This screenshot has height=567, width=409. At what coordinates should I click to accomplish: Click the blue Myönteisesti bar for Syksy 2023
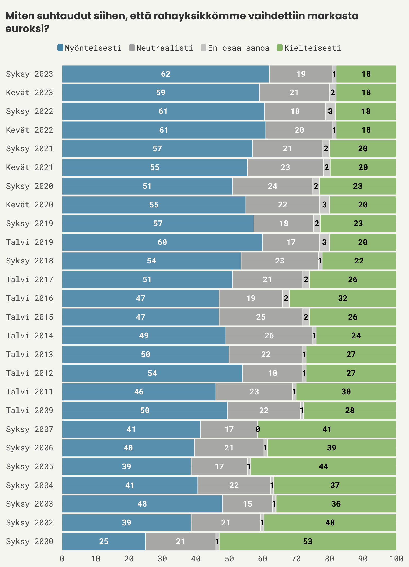[x=165, y=74]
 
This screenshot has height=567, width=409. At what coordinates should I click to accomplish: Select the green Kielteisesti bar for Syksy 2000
[x=307, y=541]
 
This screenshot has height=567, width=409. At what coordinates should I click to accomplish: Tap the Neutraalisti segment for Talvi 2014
[x=269, y=335]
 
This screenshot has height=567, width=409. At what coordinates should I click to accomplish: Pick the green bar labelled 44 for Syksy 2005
[x=323, y=466]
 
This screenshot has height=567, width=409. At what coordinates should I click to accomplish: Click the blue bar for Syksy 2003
[x=142, y=504]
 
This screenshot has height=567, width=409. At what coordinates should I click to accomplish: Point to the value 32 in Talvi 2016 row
[x=343, y=298]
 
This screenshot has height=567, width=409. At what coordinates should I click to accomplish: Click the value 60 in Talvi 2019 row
[x=162, y=242]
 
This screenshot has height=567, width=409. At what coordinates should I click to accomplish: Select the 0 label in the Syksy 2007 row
[x=257, y=429]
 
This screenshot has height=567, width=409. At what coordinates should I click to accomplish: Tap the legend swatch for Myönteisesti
[x=60, y=48]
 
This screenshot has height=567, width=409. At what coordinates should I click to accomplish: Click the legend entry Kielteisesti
[x=312, y=48]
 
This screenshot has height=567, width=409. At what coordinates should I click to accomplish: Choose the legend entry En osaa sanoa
[x=238, y=48]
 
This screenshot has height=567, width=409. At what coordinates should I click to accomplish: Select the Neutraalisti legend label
[x=165, y=48]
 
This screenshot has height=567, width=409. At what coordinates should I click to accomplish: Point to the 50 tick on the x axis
[x=229, y=559]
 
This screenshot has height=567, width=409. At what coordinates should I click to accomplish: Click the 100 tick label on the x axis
[x=396, y=559]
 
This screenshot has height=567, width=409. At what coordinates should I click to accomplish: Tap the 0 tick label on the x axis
[x=62, y=559]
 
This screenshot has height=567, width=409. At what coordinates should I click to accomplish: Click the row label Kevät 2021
[x=30, y=167]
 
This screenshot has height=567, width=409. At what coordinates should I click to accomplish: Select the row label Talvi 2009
[x=30, y=410]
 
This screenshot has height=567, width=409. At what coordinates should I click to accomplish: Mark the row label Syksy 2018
[x=30, y=261]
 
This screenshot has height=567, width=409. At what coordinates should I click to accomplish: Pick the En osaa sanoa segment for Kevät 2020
[x=324, y=205]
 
